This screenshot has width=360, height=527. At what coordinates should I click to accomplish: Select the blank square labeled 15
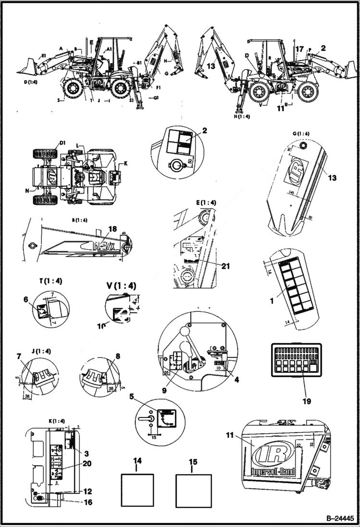[x=194, y=490]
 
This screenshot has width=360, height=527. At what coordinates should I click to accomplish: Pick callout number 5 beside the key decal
[x=131, y=397]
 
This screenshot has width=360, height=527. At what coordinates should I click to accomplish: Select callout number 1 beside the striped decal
[x=272, y=301]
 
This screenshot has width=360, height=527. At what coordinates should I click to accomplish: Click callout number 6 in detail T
[x=25, y=298]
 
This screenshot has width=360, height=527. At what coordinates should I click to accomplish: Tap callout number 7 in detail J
[x=19, y=356]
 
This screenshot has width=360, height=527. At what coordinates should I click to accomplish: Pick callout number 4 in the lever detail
[x=236, y=379]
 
